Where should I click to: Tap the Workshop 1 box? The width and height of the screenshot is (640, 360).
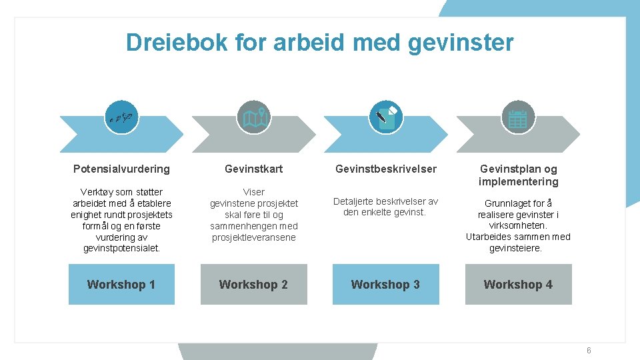[121, 285]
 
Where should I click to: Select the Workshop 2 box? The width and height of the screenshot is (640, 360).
[253, 285]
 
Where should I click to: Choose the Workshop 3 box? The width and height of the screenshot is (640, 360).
[385, 285]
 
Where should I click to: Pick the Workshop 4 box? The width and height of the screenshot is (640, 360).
[518, 285]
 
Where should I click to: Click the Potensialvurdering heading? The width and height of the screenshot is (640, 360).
[121, 169]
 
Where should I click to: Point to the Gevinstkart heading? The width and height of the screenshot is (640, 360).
[253, 169]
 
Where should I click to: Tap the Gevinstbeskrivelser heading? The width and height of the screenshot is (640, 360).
[386, 169]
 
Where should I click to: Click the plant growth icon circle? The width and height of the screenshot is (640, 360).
[121, 118]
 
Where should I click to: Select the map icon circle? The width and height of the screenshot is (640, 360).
[254, 118]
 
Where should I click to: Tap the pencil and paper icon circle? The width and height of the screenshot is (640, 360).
[386, 118]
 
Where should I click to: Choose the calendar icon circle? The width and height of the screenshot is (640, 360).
[518, 118]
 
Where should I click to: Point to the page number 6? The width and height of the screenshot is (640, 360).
[589, 351]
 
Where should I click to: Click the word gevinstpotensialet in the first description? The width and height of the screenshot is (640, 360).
[121, 249]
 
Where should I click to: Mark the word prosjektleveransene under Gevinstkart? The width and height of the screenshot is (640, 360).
[253, 237]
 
